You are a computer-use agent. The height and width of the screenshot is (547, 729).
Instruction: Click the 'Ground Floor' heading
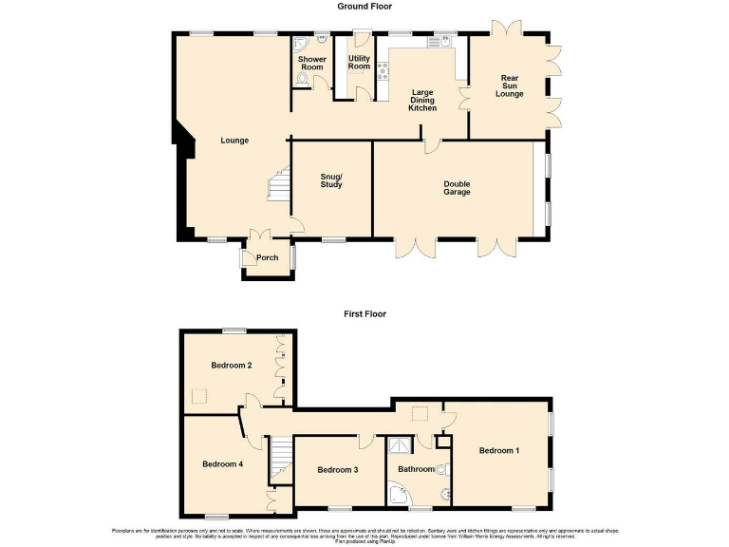(x=364, y=6)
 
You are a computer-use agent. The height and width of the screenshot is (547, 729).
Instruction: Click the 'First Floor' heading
(x=364, y=313)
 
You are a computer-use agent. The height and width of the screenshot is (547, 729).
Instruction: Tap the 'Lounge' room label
(x=234, y=141)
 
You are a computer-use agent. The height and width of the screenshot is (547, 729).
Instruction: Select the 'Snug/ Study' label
(x=331, y=179)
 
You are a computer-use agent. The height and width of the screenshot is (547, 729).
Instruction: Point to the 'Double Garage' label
(x=457, y=188)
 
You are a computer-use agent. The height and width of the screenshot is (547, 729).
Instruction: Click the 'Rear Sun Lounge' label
(x=509, y=86)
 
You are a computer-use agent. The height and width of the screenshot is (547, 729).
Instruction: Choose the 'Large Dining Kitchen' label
(x=422, y=101)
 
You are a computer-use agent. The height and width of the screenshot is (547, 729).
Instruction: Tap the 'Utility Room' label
(x=359, y=62)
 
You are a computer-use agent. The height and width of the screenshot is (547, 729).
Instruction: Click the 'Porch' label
(x=268, y=258)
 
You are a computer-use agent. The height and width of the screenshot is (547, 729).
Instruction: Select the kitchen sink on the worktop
(x=440, y=42)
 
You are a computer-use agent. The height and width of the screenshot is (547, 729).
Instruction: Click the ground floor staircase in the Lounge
(x=276, y=185)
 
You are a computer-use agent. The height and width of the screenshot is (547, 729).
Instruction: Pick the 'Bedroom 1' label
(x=498, y=450)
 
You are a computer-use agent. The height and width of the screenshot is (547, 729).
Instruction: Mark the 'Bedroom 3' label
(x=337, y=469)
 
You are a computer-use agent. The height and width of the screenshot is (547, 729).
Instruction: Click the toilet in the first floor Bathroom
(x=441, y=469)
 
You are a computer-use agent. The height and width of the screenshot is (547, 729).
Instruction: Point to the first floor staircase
(x=278, y=459)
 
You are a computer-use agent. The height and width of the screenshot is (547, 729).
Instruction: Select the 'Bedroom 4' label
(x=223, y=464)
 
